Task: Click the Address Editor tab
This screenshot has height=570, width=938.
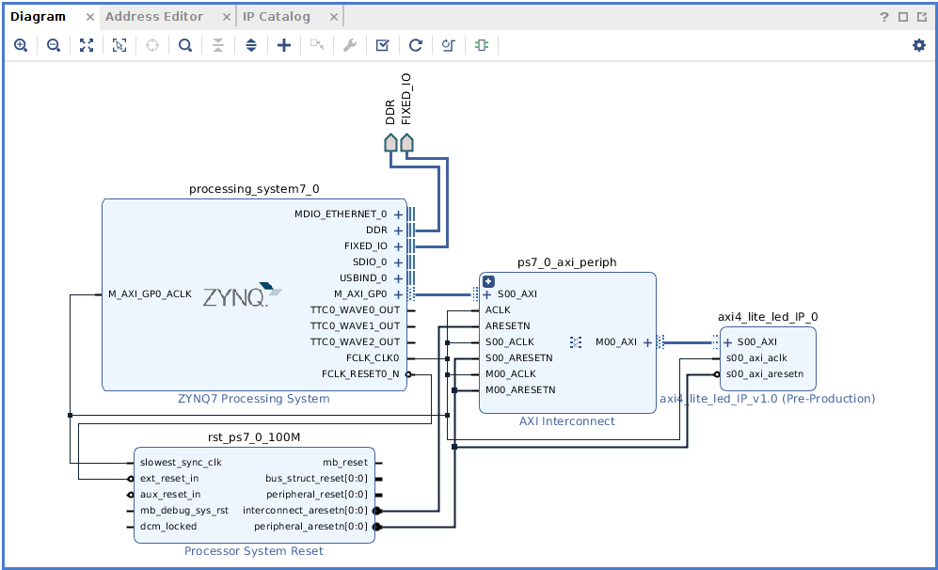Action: pyautogui.click(x=154, y=17)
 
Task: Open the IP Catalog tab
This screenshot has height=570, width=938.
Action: pyautogui.click(x=276, y=17)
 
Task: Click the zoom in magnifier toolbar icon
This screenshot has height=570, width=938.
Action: pyautogui.click(x=21, y=45)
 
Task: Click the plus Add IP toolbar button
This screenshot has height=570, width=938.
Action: pyautogui.click(x=284, y=45)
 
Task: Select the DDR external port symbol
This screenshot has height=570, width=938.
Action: pyautogui.click(x=391, y=142)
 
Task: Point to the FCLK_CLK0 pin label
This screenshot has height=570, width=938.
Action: pyautogui.click(x=373, y=358)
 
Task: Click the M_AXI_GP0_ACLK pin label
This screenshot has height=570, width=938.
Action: pyautogui.click(x=150, y=294)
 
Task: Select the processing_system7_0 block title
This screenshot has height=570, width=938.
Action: pyautogui.click(x=254, y=189)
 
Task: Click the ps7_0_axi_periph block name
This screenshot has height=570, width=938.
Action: pyautogui.click(x=566, y=262)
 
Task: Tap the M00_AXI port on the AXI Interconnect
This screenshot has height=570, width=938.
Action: pyautogui.click(x=616, y=342)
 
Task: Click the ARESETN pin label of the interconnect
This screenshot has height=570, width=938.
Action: pyautogui.click(x=507, y=326)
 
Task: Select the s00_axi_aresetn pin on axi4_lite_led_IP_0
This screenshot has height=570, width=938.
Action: pyautogui.click(x=764, y=374)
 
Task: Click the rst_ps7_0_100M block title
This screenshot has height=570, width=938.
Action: pyautogui.click(x=254, y=438)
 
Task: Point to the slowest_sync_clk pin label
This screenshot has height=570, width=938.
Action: pyautogui.click(x=180, y=463)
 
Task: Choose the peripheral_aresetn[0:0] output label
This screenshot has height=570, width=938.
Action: pyautogui.click(x=310, y=527)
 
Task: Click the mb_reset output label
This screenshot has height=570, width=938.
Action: pyautogui.click(x=345, y=463)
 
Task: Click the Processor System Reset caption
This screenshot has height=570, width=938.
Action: pyautogui.click(x=254, y=551)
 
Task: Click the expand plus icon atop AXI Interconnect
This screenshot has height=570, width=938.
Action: pyautogui.click(x=488, y=280)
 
